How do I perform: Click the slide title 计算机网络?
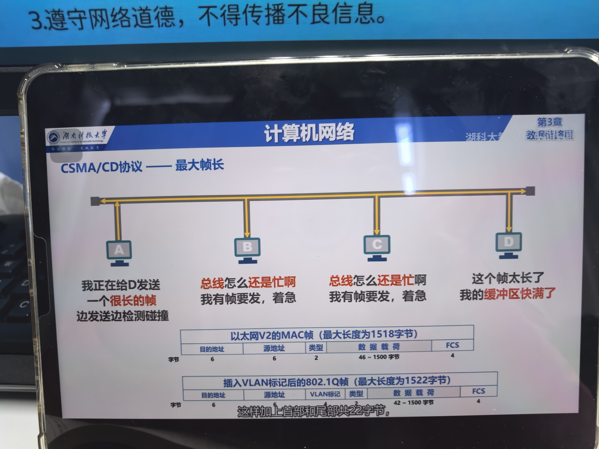click(x=309, y=133)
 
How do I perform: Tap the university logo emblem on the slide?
click(x=53, y=137)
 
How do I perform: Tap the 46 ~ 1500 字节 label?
click(x=379, y=357)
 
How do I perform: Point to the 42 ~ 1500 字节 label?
click(x=414, y=403)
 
